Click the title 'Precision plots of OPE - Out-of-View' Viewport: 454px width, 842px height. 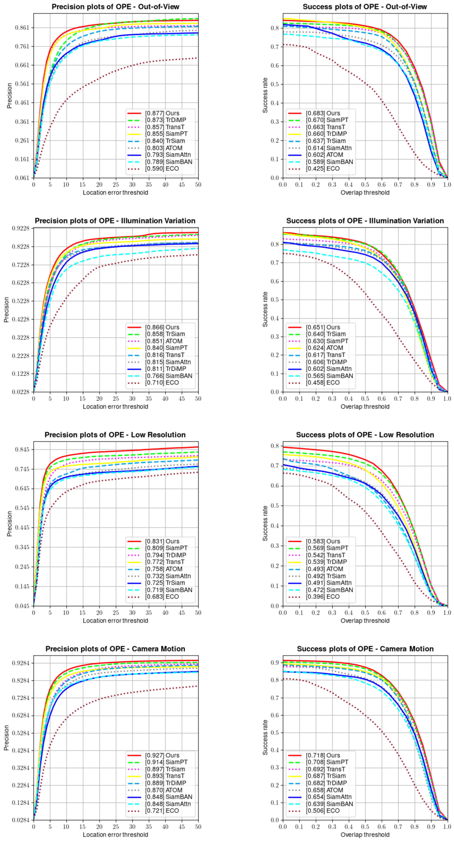click(115, 7)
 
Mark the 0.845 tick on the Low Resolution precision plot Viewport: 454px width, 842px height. click(23, 449)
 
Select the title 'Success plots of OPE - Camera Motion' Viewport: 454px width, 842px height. click(365, 649)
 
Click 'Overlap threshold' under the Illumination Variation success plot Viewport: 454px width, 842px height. click(365, 407)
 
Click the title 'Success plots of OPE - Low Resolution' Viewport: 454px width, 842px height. click(365, 435)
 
